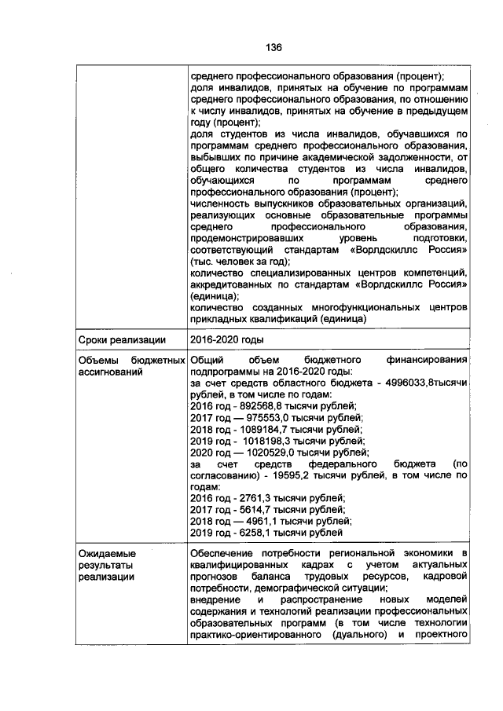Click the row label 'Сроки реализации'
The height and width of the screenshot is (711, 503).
(x=122, y=339)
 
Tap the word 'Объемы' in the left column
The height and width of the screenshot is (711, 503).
(x=97, y=360)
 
